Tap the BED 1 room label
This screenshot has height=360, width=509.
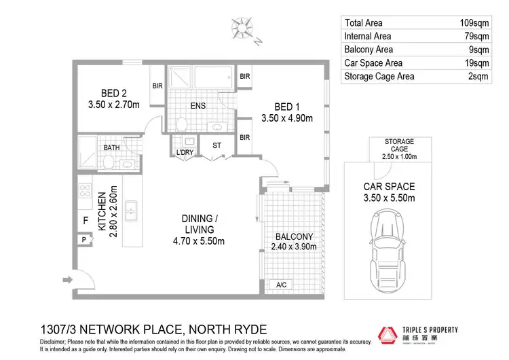pos(286,106)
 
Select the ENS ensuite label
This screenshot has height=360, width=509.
pos(198,106)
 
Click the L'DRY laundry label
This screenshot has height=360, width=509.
pos(185,153)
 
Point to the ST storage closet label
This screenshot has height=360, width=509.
pos(216,145)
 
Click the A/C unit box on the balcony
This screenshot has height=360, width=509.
pos(280,285)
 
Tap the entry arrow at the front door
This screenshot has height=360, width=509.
pos(68,278)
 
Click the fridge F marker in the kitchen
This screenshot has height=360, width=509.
pos(85,221)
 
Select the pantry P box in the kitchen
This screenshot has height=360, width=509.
pos(84,240)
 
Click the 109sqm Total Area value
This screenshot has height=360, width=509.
pos(474,22)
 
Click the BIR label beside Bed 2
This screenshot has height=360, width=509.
pos(157,86)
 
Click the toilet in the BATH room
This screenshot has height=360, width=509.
pos(109,161)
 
